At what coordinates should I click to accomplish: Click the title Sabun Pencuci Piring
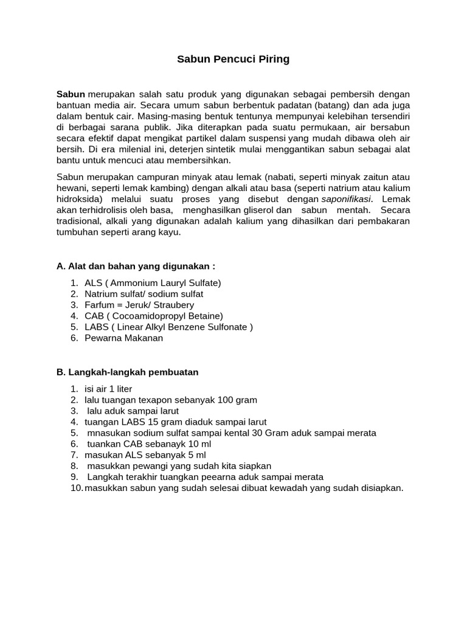pyautogui.click(x=233, y=59)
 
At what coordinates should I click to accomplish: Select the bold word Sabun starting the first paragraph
pyautogui.click(x=71, y=94)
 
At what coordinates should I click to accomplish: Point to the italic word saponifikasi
pyautogui.click(x=347, y=199)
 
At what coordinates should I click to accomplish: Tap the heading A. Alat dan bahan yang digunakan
pyautogui.click(x=136, y=266)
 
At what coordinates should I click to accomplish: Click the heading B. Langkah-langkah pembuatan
pyautogui.click(x=127, y=372)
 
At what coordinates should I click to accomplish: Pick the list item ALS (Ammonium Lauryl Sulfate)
pyautogui.click(x=153, y=283)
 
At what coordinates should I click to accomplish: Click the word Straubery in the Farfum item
pyautogui.click(x=173, y=305)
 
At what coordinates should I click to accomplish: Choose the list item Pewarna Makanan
pyautogui.click(x=123, y=338)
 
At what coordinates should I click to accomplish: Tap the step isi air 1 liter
pyautogui.click(x=108, y=389)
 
